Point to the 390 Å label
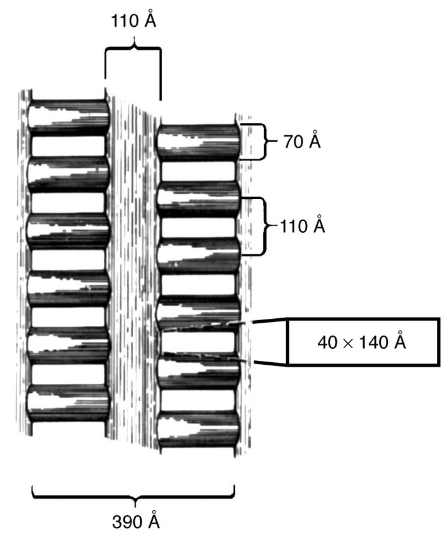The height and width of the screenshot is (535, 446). (133, 521)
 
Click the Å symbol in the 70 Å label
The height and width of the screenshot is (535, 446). (314, 142)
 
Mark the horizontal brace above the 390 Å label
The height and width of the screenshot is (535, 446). (133, 494)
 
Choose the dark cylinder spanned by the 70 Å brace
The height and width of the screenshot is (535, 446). (198, 142)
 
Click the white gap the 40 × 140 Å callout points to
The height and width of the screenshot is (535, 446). (198, 342)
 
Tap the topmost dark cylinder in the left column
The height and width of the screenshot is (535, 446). (69, 116)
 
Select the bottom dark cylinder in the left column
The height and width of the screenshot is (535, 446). (68, 404)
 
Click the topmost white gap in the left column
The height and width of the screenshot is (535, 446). (68, 145)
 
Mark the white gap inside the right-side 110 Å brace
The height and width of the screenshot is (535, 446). (198, 227)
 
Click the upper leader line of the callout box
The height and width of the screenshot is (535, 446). (268, 323)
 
